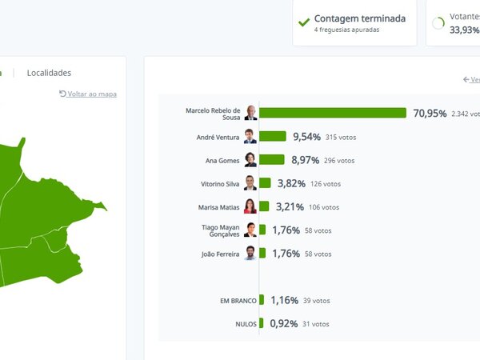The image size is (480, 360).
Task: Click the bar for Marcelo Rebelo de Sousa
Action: point(333,113)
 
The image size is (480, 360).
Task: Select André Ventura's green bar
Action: point(273,137)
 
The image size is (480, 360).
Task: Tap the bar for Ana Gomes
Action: point(272,160)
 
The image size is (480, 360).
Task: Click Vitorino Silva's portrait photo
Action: point(250,183)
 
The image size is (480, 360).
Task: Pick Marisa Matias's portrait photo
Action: point(250,206)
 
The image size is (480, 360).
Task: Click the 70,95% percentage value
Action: point(430,113)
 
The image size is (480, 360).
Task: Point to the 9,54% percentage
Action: point(308,137)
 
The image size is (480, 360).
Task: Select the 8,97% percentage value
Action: point(306,160)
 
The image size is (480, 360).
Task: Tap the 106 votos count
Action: point(323,207)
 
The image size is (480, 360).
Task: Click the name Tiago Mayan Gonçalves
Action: point(220,230)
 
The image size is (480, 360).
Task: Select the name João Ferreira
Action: point(220,254)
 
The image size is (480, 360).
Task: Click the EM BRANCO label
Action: point(238,301)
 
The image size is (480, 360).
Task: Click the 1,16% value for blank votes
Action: point(284,301)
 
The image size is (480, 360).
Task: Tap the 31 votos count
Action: point(316,324)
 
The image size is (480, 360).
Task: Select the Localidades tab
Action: point(49,73)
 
